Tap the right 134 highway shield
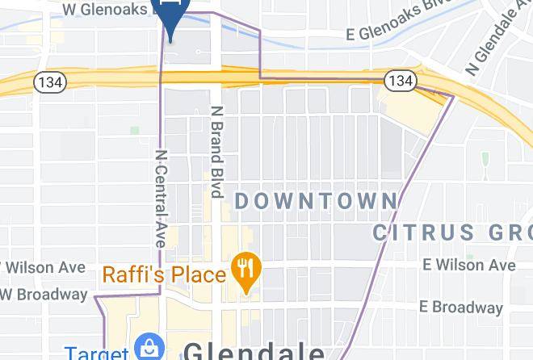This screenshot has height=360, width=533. click(x=399, y=80)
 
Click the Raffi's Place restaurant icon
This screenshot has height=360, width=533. click(x=243, y=267)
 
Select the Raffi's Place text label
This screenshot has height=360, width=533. click(x=163, y=274)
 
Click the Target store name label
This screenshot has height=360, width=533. click(x=97, y=354)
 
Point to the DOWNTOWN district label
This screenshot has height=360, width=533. click(x=316, y=201)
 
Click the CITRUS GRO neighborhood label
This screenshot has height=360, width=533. click(x=452, y=232)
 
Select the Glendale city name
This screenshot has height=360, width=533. click(x=254, y=351)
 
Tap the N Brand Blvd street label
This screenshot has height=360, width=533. click(x=216, y=152)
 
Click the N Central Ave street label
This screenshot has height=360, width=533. click(x=162, y=198)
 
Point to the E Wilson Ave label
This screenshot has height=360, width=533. click(x=469, y=265)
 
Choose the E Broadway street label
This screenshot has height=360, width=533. click(x=460, y=307)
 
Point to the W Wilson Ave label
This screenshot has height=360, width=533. click(x=44, y=266)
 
